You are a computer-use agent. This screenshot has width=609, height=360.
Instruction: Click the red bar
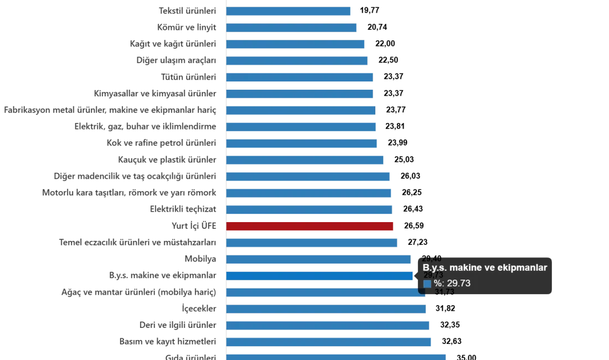[310, 227]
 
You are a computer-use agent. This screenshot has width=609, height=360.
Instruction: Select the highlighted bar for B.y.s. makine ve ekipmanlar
[319, 276]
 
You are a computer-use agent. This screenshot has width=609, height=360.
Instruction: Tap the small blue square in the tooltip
[427, 284]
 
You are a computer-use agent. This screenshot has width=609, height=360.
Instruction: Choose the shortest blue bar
[289, 11]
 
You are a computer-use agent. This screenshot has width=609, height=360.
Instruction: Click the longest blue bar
[336, 356]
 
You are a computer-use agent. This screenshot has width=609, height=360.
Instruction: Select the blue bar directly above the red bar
[310, 210]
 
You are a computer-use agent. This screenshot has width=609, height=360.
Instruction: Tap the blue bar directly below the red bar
[312, 243]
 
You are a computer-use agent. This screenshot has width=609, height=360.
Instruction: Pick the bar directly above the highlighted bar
[318, 259]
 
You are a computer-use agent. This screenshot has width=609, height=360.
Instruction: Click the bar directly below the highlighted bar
[326, 292]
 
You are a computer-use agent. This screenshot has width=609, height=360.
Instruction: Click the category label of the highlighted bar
[161, 276]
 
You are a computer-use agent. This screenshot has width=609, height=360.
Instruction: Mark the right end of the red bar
[393, 227]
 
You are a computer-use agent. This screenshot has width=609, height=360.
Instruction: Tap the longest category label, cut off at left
[108, 110]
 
